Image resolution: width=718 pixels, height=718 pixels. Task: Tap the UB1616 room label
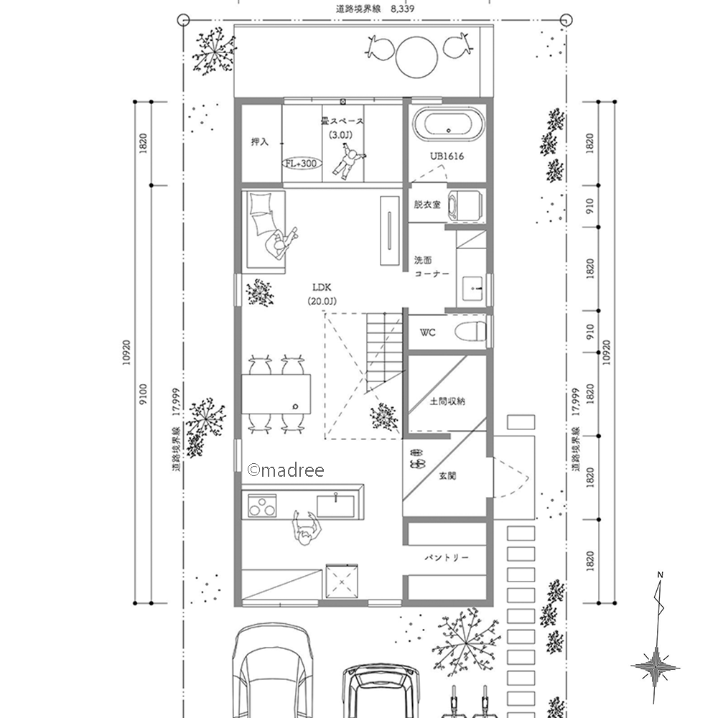pos(447,156)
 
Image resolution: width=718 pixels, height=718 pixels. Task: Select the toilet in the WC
pos(470,330)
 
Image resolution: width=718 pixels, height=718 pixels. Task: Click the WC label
pos(428,332)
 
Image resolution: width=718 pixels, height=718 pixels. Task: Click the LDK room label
pos(322,287)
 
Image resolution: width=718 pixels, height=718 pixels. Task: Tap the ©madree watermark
pos(286,470)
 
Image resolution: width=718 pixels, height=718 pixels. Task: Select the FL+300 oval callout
pos(302,164)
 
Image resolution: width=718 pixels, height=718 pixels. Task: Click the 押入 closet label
pos(260,142)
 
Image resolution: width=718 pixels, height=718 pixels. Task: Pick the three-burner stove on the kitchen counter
pos(262,505)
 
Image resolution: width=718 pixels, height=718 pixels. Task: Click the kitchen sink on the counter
pos(335,505)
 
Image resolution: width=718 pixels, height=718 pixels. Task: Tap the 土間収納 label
pos(447,401)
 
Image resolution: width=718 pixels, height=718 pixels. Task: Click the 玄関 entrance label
pos(447,476)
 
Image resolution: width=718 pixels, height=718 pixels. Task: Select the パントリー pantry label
pos(447,557)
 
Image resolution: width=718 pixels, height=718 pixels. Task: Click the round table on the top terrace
pos(416,57)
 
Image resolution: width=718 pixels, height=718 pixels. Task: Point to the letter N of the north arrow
pos(660,574)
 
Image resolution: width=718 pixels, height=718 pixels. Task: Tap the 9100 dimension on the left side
pos(143,393)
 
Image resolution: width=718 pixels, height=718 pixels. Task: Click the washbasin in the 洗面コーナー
pos(472,288)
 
